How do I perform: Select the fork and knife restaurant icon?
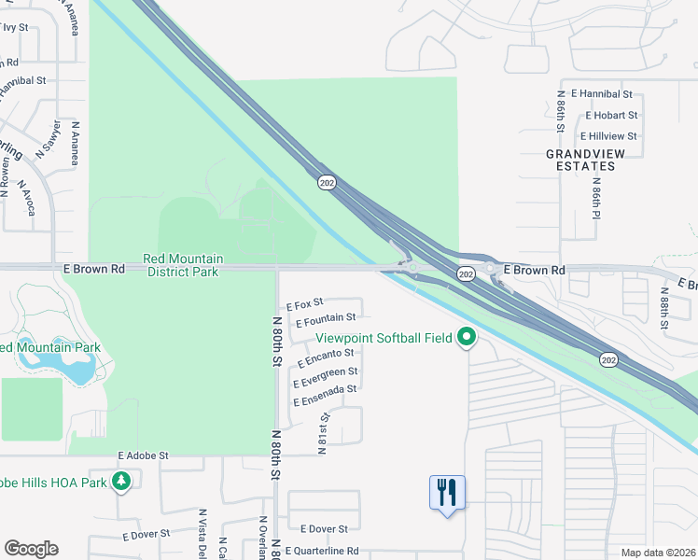447,490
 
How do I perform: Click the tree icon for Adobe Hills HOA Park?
120,482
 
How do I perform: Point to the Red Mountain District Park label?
183,265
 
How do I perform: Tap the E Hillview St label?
606,136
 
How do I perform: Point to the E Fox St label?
304,303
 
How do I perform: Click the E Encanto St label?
326,356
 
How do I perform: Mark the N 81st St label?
324,434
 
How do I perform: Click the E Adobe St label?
143,455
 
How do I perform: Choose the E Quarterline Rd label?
322,552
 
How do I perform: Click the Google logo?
31,549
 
